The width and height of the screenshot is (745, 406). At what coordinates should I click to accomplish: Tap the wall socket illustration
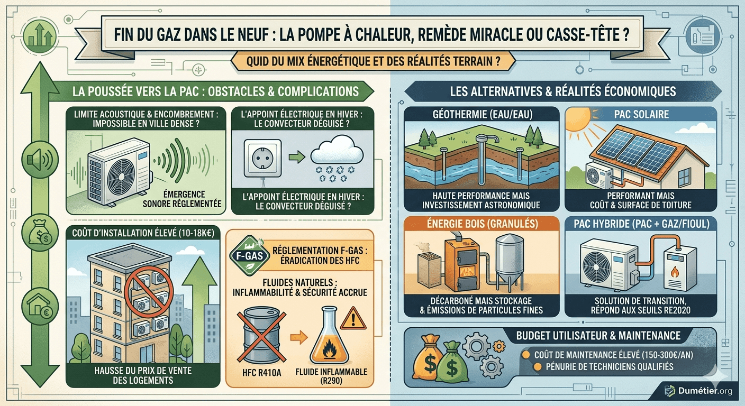coord(263,158)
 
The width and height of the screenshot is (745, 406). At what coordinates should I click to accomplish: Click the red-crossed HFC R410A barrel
coord(261,336)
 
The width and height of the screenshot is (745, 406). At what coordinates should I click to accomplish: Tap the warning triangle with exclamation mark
coord(353,319)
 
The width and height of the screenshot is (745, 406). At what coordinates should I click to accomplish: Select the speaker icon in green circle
coord(40,160)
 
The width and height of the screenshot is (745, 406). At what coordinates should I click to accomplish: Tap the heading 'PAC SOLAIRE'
coord(641,114)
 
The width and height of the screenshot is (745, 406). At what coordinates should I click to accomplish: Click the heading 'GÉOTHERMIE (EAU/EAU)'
coord(482,114)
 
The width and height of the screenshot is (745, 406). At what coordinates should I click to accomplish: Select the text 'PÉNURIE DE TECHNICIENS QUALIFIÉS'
coord(610,367)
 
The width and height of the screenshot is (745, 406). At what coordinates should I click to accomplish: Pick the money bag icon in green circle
coord(40,232)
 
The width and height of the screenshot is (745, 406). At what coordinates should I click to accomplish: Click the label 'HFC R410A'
coord(261,373)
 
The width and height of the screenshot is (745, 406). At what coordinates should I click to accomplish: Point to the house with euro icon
coord(40,306)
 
